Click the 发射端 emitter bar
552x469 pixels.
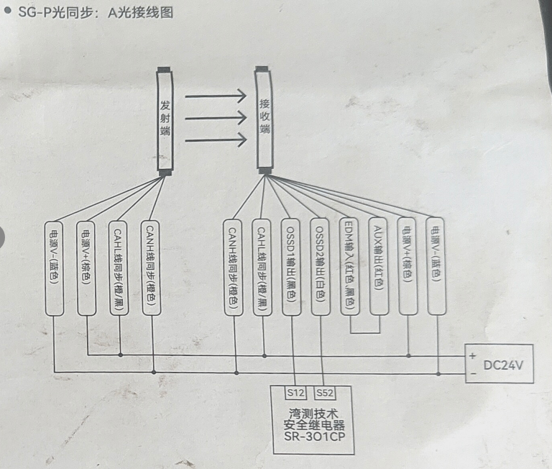(x=165, y=119)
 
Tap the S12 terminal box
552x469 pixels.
(x=295, y=393)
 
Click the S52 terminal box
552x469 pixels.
(x=325, y=393)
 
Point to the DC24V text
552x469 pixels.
(x=508, y=365)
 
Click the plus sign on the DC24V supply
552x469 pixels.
(x=472, y=356)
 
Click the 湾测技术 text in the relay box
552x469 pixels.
(x=315, y=414)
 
